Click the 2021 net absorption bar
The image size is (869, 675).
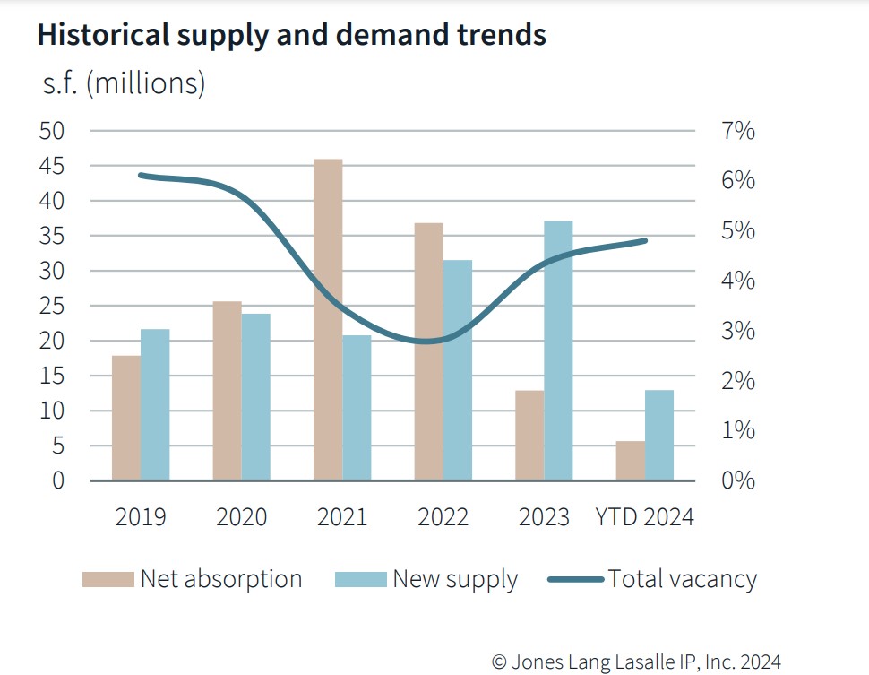(x=328, y=319)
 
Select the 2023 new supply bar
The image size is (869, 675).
(x=558, y=350)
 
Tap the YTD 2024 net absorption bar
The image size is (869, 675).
(x=630, y=461)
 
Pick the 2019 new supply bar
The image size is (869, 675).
(x=155, y=404)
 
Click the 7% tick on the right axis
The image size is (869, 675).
(x=737, y=132)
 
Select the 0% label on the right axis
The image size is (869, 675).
(x=737, y=481)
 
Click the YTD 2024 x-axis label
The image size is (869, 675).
(x=645, y=518)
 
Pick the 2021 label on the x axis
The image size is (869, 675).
(x=342, y=518)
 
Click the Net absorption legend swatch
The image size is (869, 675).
(x=108, y=580)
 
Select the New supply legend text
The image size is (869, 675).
(x=455, y=579)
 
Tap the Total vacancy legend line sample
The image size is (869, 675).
(x=574, y=580)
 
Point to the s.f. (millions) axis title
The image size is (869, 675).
(x=124, y=83)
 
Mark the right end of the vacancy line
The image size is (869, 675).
(x=645, y=240)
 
